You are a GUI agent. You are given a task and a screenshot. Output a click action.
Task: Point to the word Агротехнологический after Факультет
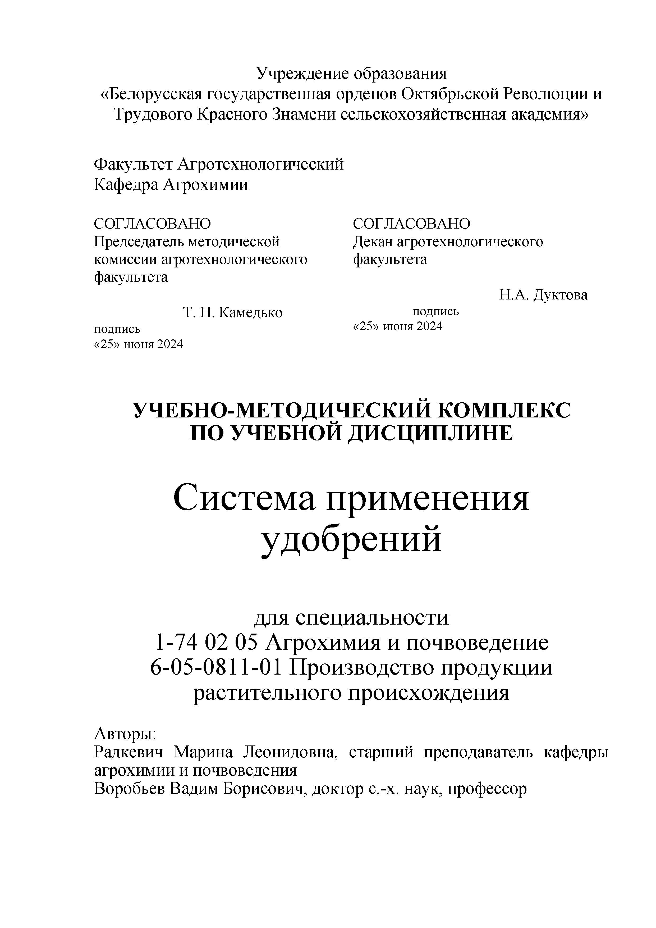260,165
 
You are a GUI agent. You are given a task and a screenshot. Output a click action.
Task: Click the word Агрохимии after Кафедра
205,185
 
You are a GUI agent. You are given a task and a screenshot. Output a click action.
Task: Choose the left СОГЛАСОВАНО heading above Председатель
152,224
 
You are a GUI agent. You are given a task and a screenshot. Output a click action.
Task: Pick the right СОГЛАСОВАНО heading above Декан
411,224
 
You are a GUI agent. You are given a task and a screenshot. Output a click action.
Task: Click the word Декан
373,242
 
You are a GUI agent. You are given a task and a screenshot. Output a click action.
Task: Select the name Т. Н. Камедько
233,312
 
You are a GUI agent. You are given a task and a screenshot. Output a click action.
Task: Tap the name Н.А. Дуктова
543,295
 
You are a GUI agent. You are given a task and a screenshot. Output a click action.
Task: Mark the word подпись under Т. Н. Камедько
117,329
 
